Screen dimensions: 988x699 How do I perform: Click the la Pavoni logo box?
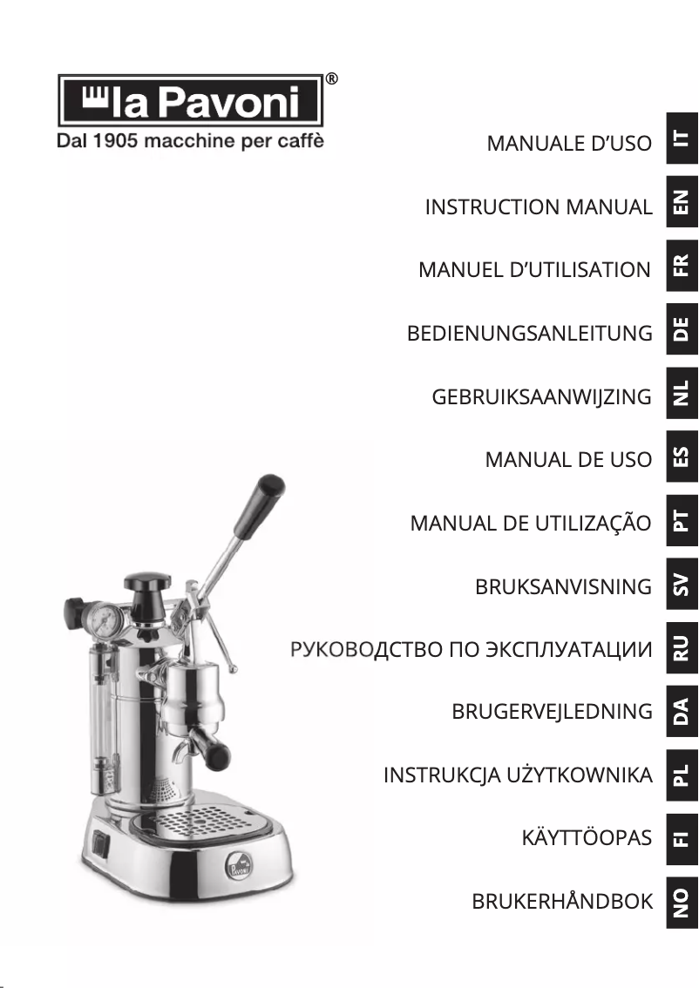coord(190,101)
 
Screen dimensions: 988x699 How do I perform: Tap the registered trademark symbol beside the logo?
coord(331,79)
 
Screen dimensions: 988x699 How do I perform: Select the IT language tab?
coord(682,139)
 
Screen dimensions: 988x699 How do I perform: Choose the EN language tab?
coord(682,203)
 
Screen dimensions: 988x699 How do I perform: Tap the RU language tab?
coord(682,646)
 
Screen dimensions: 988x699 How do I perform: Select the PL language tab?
coord(682,774)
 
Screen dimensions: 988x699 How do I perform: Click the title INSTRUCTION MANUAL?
coord(538,207)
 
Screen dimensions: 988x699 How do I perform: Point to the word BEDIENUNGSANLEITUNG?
coord(529,334)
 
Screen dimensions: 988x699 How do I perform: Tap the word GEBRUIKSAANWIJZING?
coord(541,397)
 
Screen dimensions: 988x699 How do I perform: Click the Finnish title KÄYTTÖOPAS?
coord(586,838)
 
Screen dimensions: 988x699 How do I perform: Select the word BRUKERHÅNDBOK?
coord(561,902)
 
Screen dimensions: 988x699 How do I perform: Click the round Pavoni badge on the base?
coord(240,867)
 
